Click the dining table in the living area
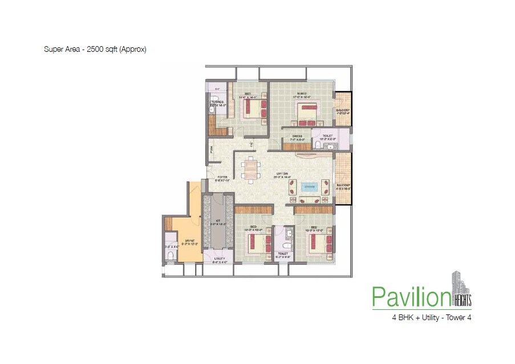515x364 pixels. click(x=249, y=169)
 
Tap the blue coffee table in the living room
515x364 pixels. click(x=308, y=186)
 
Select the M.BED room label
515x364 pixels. click(x=302, y=94)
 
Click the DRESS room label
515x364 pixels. click(x=297, y=136)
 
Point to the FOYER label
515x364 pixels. click(x=222, y=177)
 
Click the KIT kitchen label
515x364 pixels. click(x=217, y=222)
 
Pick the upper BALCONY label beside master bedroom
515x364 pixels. click(x=343, y=111)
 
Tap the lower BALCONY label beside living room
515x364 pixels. click(x=343, y=185)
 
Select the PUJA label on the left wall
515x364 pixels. click(x=210, y=150)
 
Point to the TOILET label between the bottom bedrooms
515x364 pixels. click(x=283, y=254)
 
